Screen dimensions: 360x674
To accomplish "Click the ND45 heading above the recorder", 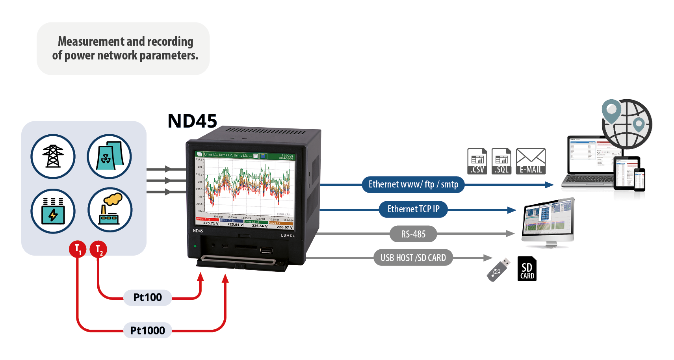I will point(192,121).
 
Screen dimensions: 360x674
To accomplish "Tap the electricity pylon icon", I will point(53,156).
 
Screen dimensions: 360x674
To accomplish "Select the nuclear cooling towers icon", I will point(109,156).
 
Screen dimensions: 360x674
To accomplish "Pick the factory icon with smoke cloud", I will point(110,210).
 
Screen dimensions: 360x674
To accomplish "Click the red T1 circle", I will point(78,249).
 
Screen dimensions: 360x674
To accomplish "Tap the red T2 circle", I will point(98,249).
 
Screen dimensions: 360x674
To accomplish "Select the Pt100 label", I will point(147,297).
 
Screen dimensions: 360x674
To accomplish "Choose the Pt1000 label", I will point(147,330).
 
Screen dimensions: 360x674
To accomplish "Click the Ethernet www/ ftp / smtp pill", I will point(413,184).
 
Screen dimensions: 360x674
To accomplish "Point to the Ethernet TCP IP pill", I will point(413,209).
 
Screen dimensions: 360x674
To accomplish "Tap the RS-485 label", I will point(413,234).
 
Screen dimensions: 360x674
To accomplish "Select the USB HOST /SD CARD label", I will point(413,258).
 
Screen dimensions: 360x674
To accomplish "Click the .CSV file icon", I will point(477,161).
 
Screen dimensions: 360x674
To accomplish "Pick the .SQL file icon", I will point(501,161).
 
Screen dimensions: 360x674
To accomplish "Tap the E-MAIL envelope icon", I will point(531,161).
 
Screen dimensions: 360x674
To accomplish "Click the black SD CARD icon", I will point(527,269).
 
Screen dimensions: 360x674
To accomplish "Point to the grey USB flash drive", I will point(498,270).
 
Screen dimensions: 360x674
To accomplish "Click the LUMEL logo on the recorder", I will point(288,236).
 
